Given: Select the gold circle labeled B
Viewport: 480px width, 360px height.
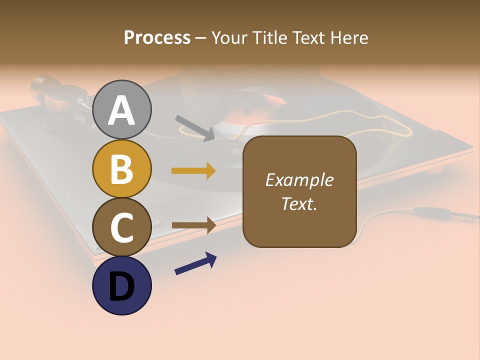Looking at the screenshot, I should [x=122, y=168].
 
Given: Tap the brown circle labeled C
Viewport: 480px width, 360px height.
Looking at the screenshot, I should [x=122, y=227].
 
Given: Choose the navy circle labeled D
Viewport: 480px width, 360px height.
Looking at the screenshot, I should [x=122, y=285].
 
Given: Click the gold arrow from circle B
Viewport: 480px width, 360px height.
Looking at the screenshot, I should [x=193, y=171].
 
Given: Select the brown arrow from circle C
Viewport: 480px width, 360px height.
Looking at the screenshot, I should [x=193, y=225].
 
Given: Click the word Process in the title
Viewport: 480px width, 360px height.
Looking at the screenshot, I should [x=157, y=37].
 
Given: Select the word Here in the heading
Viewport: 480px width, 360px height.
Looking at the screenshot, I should [x=348, y=37].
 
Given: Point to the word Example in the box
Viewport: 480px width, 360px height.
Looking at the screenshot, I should [x=299, y=180].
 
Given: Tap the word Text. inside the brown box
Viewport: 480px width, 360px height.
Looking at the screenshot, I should [x=299, y=203].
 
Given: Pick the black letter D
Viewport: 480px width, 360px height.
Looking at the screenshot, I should [x=122, y=287].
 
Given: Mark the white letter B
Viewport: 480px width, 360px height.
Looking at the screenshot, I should [x=122, y=169].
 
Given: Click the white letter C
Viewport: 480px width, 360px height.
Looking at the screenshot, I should [x=122, y=228].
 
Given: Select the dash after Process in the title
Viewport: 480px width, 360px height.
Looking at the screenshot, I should [x=201, y=38].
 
